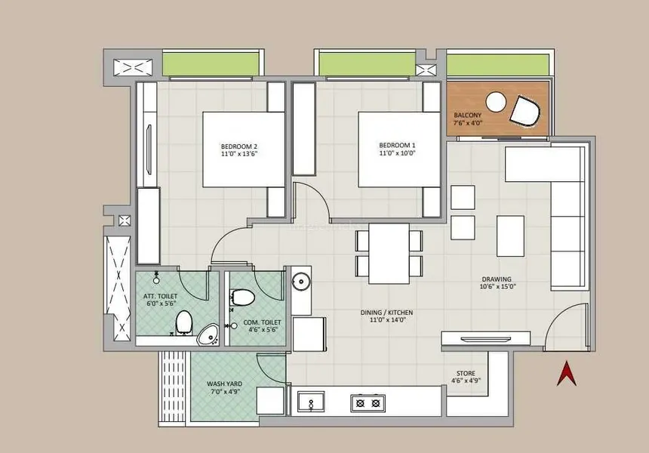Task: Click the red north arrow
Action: pyautogui.click(x=567, y=374)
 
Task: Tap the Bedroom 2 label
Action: pyautogui.click(x=238, y=146)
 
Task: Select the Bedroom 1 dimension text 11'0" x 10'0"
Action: pyautogui.click(x=397, y=153)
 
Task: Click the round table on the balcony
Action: pyautogui.click(x=497, y=102)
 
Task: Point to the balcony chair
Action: pyautogui.click(x=525, y=110)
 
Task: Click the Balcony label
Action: pyautogui.click(x=468, y=115)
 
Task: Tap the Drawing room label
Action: pyautogui.click(x=497, y=279)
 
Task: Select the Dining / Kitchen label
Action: pyautogui.click(x=386, y=313)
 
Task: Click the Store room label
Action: pyautogui.click(x=466, y=373)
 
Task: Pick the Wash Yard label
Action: pyautogui.click(x=225, y=384)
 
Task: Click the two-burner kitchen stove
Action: pyautogui.click(x=368, y=403)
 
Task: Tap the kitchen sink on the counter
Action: pyautogui.click(x=311, y=402)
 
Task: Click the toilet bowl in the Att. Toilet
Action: pyautogui.click(x=184, y=322)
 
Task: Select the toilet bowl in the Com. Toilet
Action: pyautogui.click(x=242, y=297)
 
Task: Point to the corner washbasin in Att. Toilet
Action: pyautogui.click(x=208, y=335)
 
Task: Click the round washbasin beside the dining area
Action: pyautogui.click(x=300, y=282)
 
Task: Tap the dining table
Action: pyautogui.click(x=389, y=254)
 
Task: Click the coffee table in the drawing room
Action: pyautogui.click(x=510, y=236)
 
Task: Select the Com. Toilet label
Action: pyautogui.click(x=262, y=322)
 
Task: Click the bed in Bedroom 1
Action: pyautogui.click(x=399, y=149)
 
